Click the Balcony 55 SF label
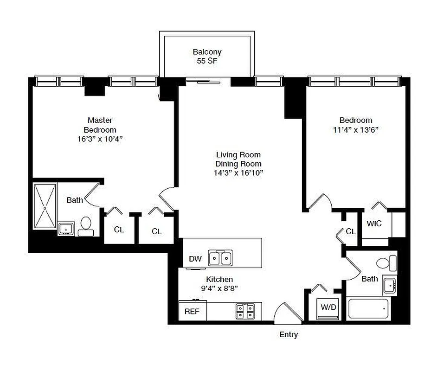207,56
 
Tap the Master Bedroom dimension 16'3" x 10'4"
100,139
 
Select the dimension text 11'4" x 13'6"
356,130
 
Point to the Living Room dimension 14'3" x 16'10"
238,173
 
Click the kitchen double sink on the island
221,258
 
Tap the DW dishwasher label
195,259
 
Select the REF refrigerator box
192,311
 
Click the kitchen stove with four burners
245,311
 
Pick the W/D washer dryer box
328,307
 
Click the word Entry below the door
289,334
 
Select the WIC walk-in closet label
374,224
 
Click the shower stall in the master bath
45,206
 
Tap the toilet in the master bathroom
86,224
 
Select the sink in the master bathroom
66,229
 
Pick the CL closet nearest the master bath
119,230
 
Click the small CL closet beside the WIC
350,231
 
